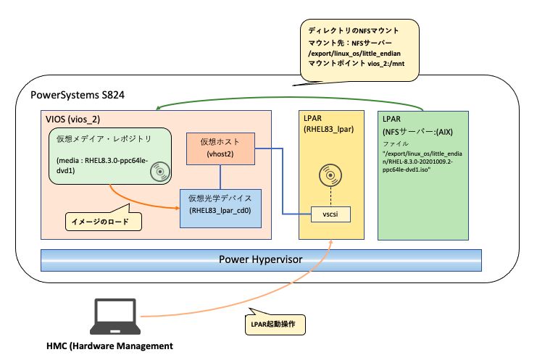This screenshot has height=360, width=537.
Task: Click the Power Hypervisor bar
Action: point(261,259)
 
